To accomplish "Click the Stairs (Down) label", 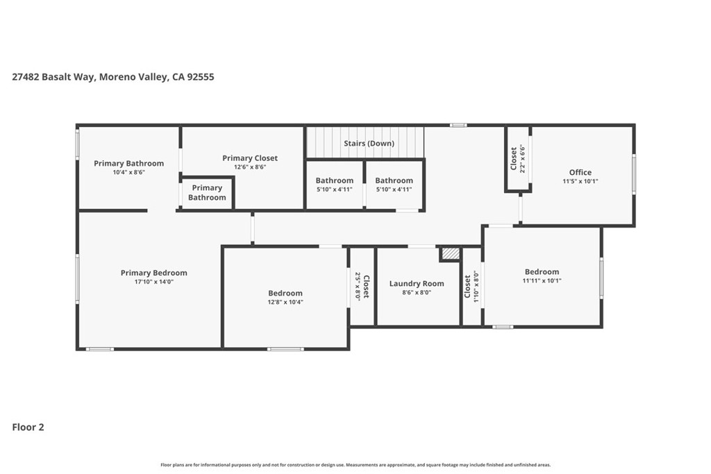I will coord(369,144).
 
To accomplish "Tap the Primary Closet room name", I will coord(249,158).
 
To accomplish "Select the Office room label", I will coord(580,173).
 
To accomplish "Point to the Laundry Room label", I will coord(417,283).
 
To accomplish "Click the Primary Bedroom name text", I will coord(153,273).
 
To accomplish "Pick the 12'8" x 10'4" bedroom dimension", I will coord(285,302).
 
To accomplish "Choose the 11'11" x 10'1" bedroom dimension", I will coord(542,281).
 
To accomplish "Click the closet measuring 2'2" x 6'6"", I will coord(518,158).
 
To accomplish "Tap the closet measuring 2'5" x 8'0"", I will coord(362,285).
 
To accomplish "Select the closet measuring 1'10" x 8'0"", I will coord(471,286).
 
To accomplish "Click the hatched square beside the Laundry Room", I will coord(450,254).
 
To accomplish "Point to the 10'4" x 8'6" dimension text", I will coord(128,172).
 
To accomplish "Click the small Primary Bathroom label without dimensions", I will coord(207,192).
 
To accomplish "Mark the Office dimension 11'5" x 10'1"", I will coord(580,181).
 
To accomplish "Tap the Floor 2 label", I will coord(28,428).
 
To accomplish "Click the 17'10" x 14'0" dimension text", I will coord(153,282).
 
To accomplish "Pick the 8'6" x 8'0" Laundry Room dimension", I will coord(417,292).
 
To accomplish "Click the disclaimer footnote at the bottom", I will coord(355,465).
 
